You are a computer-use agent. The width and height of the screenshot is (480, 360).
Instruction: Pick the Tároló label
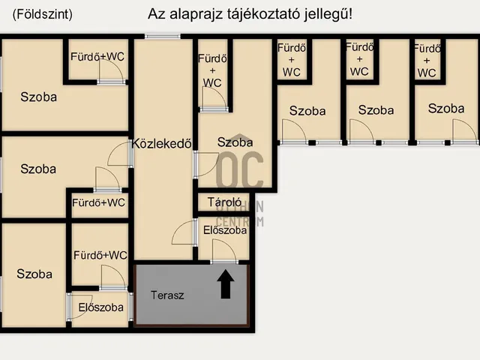(x=223, y=202)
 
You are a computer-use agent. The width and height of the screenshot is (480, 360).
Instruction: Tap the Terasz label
(x=167, y=295)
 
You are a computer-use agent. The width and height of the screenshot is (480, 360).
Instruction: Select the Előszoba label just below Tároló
(x=225, y=231)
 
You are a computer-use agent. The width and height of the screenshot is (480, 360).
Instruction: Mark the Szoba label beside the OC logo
(x=235, y=142)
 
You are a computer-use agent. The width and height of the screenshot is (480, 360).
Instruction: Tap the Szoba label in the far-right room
(x=445, y=109)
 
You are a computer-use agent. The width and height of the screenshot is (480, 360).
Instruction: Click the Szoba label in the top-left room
(x=38, y=97)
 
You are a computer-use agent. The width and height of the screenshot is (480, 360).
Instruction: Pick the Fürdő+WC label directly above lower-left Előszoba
(x=100, y=256)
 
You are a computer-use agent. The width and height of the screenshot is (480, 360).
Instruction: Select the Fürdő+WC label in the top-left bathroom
(x=97, y=57)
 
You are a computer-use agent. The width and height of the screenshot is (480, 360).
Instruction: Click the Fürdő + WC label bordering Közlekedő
(x=212, y=70)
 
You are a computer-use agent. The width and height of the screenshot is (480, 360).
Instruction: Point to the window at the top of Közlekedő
(x=163, y=36)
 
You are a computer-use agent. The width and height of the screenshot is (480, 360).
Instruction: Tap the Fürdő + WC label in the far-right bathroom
(x=427, y=60)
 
